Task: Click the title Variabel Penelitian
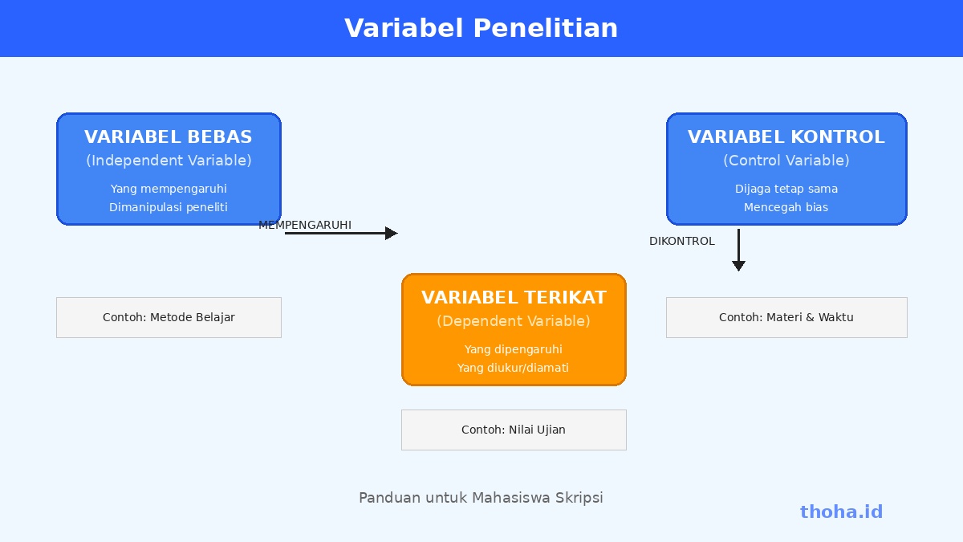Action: click(481, 28)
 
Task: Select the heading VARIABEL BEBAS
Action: click(169, 137)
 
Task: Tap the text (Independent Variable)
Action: click(169, 161)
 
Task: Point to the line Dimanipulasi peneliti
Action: click(169, 207)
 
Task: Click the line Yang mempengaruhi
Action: click(169, 189)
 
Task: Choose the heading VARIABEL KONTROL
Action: click(786, 137)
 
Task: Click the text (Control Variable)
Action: click(786, 161)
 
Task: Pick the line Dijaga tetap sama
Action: click(786, 189)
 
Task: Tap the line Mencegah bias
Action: click(786, 207)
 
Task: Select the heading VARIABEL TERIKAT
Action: click(514, 297)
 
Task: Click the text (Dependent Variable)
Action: click(514, 321)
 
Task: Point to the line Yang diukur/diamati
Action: click(514, 368)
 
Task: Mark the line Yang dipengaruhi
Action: click(514, 349)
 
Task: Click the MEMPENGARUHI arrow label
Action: click(305, 225)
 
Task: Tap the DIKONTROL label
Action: click(682, 242)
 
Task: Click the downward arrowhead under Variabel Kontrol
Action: click(738, 266)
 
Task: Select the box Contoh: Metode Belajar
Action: click(169, 317)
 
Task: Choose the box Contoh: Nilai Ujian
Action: click(514, 430)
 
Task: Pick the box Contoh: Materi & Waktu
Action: click(786, 317)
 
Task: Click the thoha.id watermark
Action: click(841, 512)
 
